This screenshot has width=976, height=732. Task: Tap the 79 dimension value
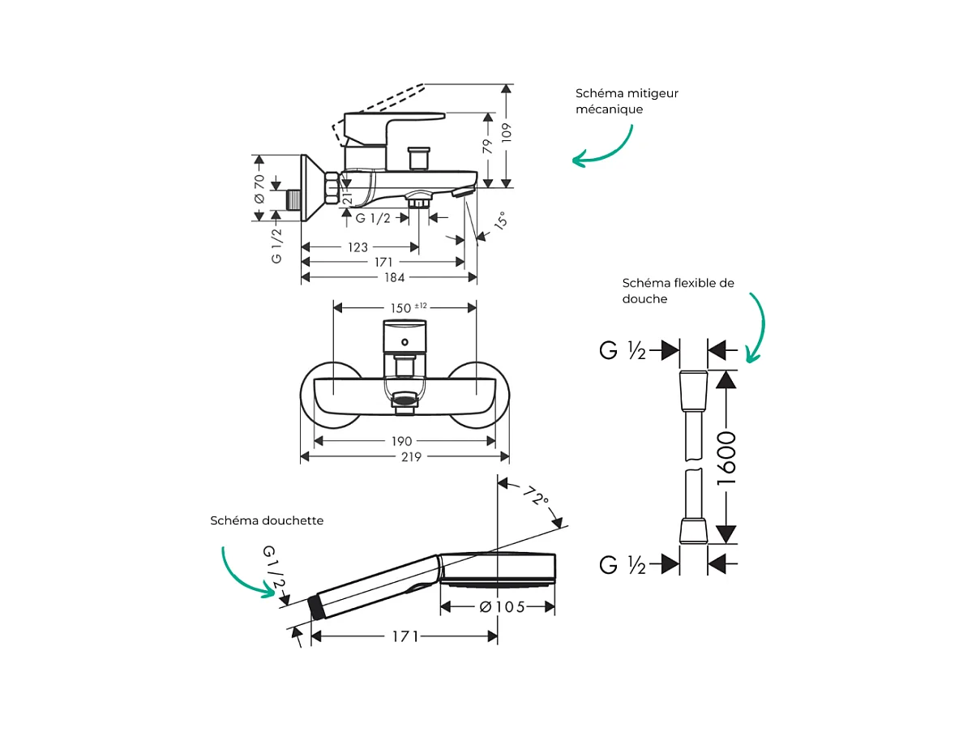click(x=488, y=147)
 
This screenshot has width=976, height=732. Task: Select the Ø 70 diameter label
click(x=259, y=188)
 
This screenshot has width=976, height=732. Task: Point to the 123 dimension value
click(x=357, y=247)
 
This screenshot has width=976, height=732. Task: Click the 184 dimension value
click(x=394, y=277)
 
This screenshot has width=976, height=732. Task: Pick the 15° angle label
click(x=501, y=221)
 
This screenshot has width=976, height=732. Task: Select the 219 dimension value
click(x=412, y=456)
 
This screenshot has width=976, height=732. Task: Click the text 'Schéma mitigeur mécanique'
click(x=627, y=101)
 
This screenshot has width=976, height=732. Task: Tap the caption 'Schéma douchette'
click(x=267, y=520)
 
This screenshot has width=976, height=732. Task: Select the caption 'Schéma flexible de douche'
click(x=678, y=291)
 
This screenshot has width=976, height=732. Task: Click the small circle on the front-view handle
click(x=404, y=341)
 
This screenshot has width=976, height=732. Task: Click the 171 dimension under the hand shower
click(x=404, y=636)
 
